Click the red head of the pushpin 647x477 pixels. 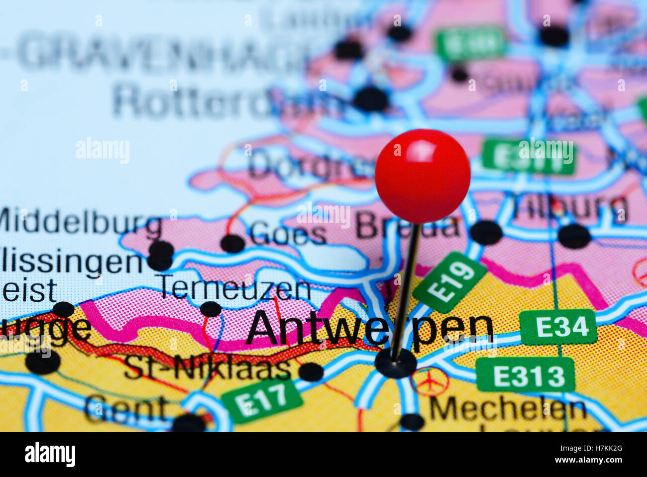pos(423,175)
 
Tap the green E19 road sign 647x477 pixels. pos(450,282)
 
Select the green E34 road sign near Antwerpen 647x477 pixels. pos(558,327)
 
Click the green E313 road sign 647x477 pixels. pos(526,374)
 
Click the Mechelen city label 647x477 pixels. pos(508,409)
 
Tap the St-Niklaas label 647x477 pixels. pos(208,369)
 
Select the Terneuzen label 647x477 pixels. pos(234,288)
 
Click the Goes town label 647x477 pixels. pos(288,234)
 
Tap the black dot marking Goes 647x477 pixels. pos(232,243)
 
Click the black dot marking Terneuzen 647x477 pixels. pos(211,309)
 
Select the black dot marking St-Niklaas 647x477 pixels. pos(311,372)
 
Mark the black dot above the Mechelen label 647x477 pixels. pos(412,422)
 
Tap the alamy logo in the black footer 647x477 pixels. pos(50,455)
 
